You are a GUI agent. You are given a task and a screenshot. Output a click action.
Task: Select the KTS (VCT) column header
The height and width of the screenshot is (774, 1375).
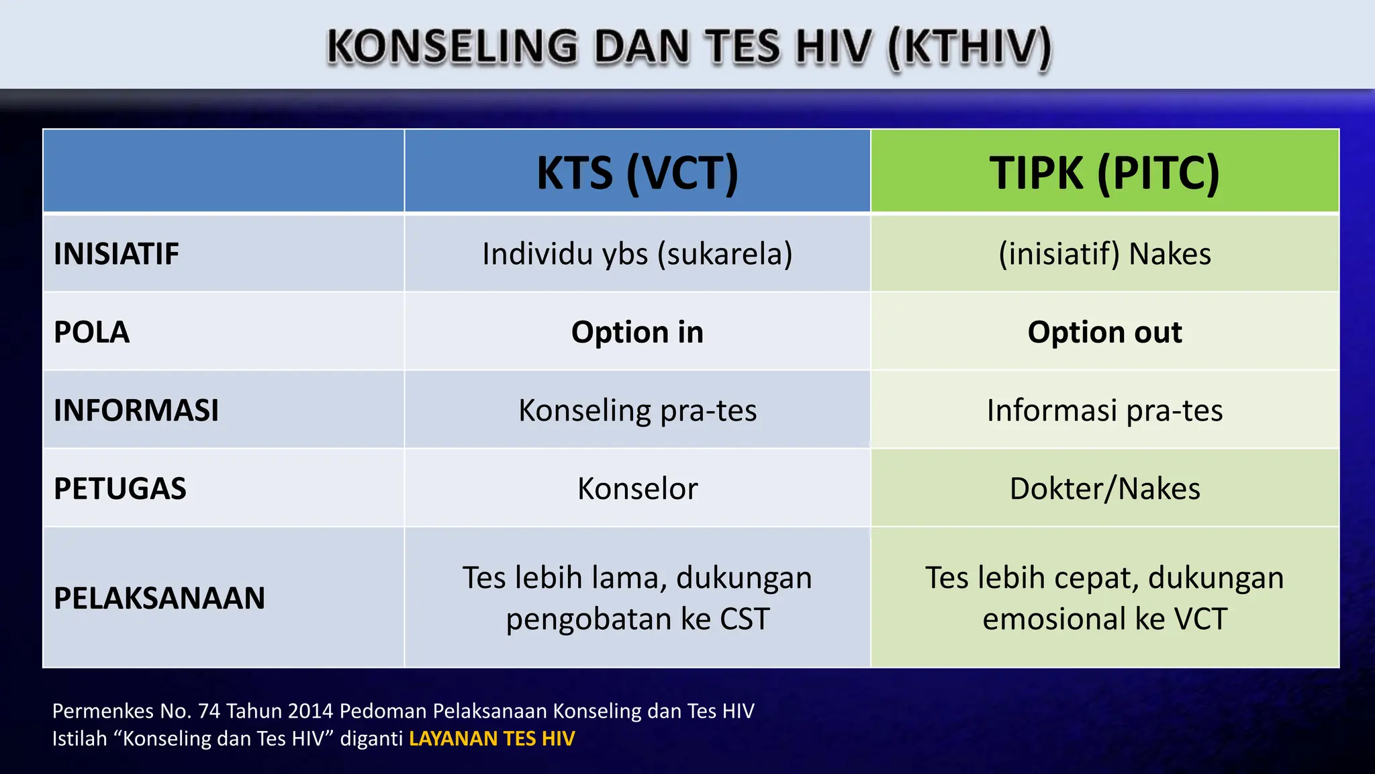pyautogui.click(x=637, y=173)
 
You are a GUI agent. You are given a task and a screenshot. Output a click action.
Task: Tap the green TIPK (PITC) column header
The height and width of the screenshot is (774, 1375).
pyautogui.click(x=1104, y=173)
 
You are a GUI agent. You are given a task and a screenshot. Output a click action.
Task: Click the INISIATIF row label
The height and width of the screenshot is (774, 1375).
pyautogui.click(x=116, y=254)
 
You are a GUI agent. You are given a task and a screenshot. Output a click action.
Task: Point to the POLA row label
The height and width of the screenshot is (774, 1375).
pyautogui.click(x=91, y=332)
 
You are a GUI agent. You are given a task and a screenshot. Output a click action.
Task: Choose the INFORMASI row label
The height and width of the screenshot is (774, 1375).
pyautogui.click(x=136, y=410)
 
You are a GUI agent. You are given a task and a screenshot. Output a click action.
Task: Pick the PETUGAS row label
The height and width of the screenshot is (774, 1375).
pyautogui.click(x=120, y=488)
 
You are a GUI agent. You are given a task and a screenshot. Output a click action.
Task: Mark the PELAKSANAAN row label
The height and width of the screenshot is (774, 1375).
pyautogui.click(x=159, y=598)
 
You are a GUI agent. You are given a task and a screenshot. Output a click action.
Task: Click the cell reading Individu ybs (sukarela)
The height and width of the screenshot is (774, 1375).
pyautogui.click(x=637, y=254)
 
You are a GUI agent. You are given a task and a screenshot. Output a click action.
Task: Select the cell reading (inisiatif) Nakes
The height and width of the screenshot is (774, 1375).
pyautogui.click(x=1104, y=254)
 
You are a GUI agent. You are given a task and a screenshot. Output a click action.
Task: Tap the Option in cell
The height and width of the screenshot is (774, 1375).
pyautogui.click(x=637, y=332)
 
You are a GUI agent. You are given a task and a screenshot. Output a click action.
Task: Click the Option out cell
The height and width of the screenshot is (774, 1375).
pyautogui.click(x=1104, y=332)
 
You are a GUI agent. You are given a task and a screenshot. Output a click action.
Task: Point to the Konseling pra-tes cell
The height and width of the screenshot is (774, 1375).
pyautogui.click(x=637, y=410)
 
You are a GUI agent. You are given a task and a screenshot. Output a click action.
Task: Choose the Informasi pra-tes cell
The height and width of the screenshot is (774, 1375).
pyautogui.click(x=1104, y=410)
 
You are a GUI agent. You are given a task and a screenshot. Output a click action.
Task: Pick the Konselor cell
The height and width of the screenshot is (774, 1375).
pyautogui.click(x=637, y=488)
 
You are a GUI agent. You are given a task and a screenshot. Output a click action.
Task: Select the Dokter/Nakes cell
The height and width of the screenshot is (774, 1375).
pyautogui.click(x=1104, y=488)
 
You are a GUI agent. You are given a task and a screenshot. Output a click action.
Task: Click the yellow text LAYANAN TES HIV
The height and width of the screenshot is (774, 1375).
pyautogui.click(x=491, y=738)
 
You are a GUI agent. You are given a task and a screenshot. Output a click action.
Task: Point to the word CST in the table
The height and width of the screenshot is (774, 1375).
pyautogui.click(x=744, y=619)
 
